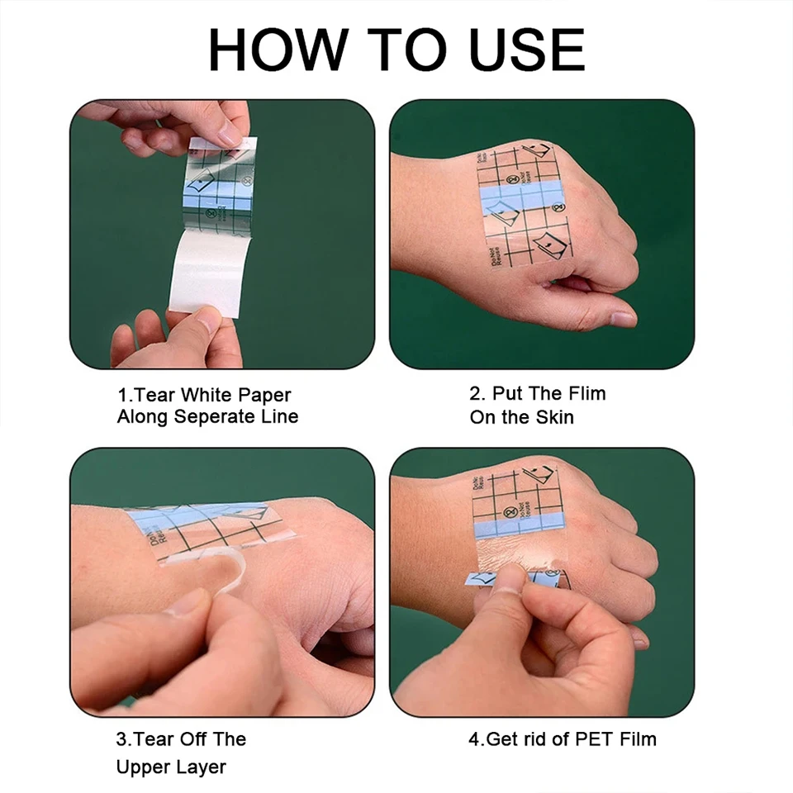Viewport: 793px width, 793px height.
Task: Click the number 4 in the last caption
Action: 474,738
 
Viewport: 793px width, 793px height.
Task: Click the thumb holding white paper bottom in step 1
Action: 198,330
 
